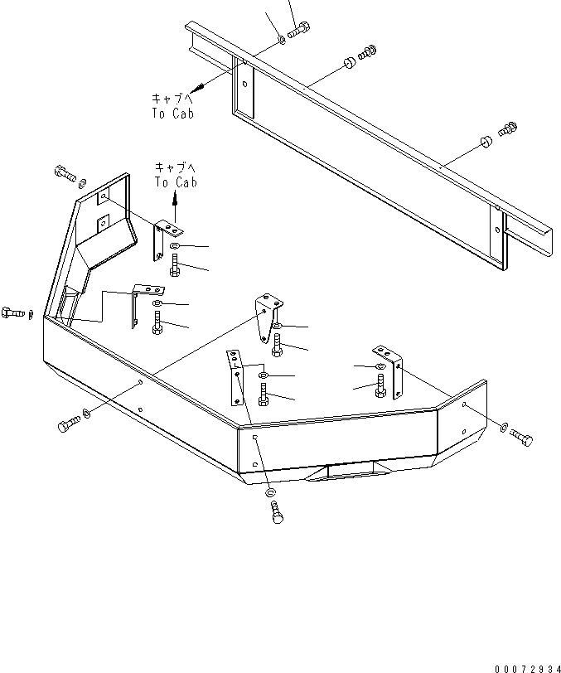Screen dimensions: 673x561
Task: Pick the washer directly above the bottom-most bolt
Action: click(x=272, y=493)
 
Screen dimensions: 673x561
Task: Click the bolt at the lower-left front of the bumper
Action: click(x=68, y=424)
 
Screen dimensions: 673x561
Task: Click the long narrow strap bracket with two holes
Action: click(x=236, y=378)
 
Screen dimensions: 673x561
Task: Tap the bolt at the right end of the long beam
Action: click(x=507, y=129)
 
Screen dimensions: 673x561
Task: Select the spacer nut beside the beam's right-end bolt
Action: click(x=484, y=143)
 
